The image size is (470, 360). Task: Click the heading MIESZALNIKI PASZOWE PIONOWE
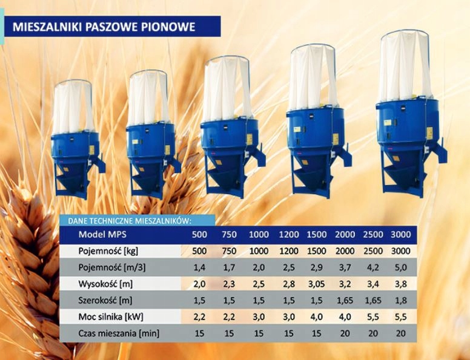[x=104, y=27]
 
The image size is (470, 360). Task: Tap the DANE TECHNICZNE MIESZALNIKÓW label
[x=130, y=221]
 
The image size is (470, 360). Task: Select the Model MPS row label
[x=102, y=234]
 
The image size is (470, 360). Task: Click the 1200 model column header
[x=289, y=235]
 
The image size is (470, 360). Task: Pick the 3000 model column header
[x=401, y=235]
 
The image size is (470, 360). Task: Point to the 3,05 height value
[x=317, y=284]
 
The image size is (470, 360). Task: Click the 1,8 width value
[x=401, y=300]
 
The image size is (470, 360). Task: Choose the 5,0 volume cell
[x=401, y=267]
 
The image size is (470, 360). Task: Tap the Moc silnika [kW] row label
[x=111, y=316]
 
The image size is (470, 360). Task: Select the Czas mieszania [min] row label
[x=119, y=333]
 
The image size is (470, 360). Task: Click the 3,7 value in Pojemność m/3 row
[x=345, y=267]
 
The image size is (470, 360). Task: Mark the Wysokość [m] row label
[x=105, y=284]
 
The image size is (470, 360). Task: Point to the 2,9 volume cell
[x=317, y=267]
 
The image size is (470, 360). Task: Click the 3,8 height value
[x=401, y=284]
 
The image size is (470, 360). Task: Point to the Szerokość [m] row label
[x=105, y=300]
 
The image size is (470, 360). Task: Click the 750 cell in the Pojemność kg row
[x=229, y=251]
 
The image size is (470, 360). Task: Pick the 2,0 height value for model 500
[x=199, y=284]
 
